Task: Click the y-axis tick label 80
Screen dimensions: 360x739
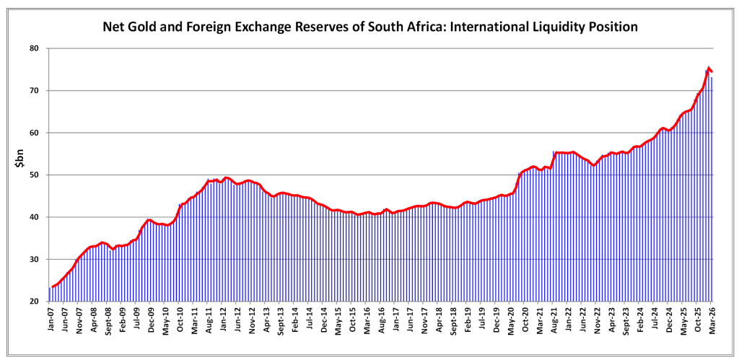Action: (33, 48)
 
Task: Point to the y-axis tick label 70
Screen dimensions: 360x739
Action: (33, 91)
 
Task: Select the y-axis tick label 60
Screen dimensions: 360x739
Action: (33, 133)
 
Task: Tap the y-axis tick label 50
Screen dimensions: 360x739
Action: (33, 175)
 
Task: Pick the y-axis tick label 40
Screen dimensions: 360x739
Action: (33, 217)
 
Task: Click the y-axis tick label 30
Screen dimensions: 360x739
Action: (33, 260)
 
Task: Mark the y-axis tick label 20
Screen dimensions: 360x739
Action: (33, 302)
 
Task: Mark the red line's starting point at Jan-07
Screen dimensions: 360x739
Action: (52, 287)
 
